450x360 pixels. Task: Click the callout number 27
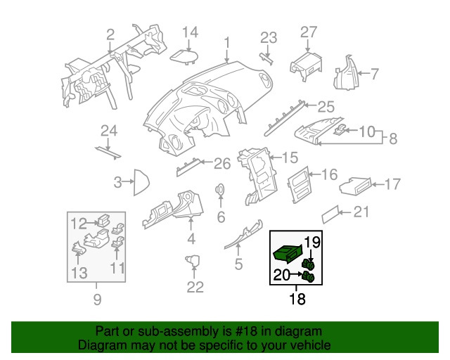click(309, 32)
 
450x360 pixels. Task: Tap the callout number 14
click(191, 32)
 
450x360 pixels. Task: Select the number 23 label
click(269, 37)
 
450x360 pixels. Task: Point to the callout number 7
click(375, 73)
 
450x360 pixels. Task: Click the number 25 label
click(326, 107)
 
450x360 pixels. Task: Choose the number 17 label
click(392, 184)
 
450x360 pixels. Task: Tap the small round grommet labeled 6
click(220, 189)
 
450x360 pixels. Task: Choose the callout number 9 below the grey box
click(97, 300)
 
